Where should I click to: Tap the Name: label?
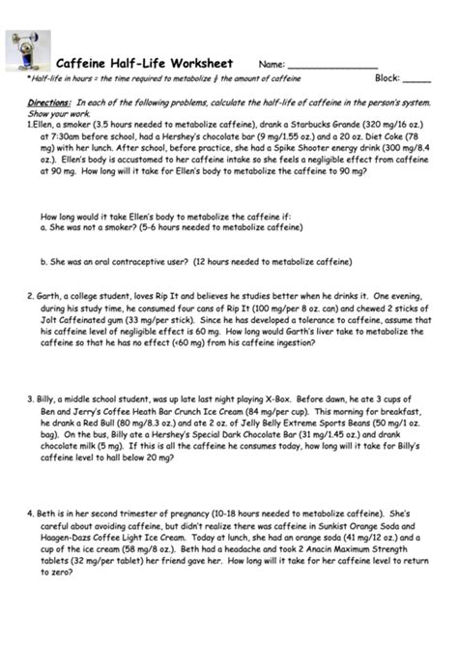click(x=272, y=63)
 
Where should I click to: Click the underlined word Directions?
click(x=47, y=102)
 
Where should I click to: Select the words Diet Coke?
click(x=413, y=137)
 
